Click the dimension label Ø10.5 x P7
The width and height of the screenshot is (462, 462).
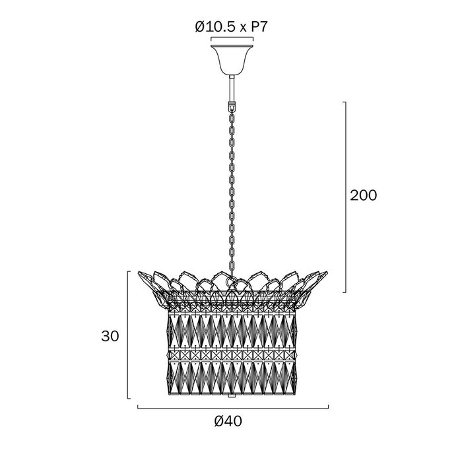(x=231, y=27)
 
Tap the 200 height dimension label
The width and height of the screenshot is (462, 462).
(x=363, y=195)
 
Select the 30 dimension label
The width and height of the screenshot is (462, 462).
(x=110, y=336)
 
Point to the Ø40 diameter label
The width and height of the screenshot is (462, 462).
(x=228, y=421)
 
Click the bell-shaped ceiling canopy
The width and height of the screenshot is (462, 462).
(x=232, y=60)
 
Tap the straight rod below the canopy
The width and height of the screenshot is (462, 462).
(x=232, y=88)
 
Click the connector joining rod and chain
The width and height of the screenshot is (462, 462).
(x=232, y=106)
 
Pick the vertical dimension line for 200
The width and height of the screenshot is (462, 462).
(x=345, y=197)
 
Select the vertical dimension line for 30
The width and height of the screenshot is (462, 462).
(x=128, y=335)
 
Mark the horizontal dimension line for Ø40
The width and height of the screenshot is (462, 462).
(x=233, y=409)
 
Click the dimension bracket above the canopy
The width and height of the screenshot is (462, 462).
(x=232, y=38)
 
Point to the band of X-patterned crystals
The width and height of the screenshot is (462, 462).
(x=232, y=354)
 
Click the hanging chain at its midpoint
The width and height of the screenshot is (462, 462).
(x=232, y=191)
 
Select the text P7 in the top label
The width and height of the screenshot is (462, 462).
(x=259, y=27)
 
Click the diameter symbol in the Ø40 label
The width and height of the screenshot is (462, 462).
(x=219, y=421)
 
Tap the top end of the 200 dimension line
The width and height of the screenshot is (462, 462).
(x=345, y=102)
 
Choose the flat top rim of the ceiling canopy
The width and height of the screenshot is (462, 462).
(x=232, y=46)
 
